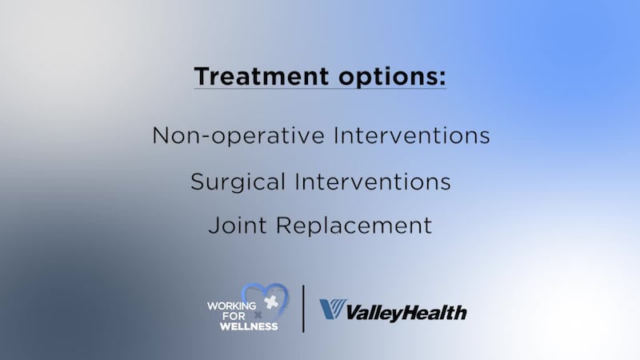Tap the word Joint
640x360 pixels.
237,226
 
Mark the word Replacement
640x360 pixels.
354,226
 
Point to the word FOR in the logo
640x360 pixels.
218,315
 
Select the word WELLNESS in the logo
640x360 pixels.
243,326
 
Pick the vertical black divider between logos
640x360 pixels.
303,308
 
